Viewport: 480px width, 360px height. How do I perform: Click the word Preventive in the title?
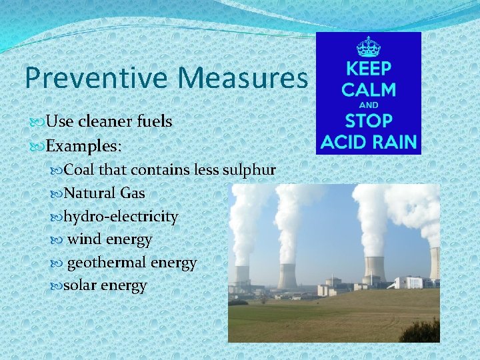pos(97,78)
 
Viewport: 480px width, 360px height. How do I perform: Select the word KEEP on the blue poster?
pos(368,69)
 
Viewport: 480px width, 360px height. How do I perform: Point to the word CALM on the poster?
pos(368,90)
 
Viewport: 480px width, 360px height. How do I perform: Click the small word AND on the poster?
pos(368,105)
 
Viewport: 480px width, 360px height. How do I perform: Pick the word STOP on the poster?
pos(368,122)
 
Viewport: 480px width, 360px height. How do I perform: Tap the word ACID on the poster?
pos(343,142)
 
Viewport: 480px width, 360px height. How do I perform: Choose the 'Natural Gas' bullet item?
pos(104,193)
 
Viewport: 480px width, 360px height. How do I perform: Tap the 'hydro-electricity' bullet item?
pos(121,217)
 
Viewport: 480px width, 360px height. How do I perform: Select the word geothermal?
pos(107,263)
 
